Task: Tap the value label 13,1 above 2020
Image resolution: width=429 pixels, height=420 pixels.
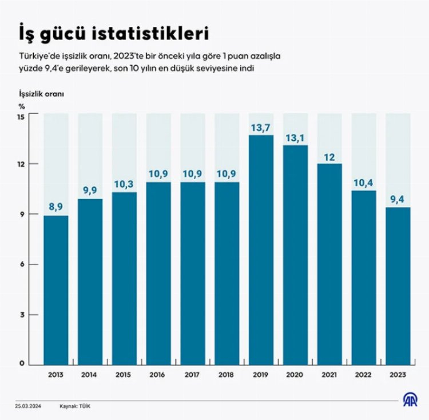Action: tap(295, 137)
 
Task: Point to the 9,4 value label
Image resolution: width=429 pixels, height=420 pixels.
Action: tap(398, 200)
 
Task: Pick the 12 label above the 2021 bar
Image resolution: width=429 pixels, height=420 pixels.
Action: tap(329, 156)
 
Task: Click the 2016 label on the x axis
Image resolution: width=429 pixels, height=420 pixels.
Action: tap(158, 375)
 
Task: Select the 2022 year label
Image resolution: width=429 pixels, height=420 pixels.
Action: tap(364, 375)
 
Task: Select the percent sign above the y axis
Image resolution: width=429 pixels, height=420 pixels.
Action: tap(22, 105)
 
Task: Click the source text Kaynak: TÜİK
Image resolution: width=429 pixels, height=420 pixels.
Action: tap(75, 406)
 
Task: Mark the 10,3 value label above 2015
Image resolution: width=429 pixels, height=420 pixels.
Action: tap(124, 184)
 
